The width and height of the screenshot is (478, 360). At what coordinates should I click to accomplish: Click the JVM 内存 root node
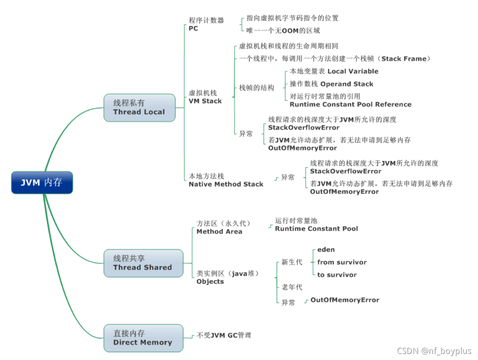pyautogui.click(x=42, y=183)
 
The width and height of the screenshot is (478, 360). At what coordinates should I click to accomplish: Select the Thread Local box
pyautogui.click(x=139, y=108)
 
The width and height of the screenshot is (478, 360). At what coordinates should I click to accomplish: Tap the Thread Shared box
pyautogui.click(x=143, y=263)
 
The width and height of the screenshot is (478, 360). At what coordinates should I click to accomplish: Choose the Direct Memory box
pyautogui.click(x=143, y=338)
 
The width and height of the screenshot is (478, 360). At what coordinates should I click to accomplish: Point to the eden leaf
pyautogui.click(x=326, y=250)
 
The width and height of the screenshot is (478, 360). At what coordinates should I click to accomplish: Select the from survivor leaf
pyautogui.click(x=342, y=262)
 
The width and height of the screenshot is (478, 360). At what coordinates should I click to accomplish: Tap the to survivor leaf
pyautogui.click(x=337, y=275)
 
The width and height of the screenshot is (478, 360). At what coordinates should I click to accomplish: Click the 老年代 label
pyautogui.click(x=292, y=287)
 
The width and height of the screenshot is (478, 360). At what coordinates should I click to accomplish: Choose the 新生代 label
pyautogui.click(x=292, y=262)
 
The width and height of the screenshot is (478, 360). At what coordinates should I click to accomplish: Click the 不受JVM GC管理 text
pyautogui.click(x=224, y=335)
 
